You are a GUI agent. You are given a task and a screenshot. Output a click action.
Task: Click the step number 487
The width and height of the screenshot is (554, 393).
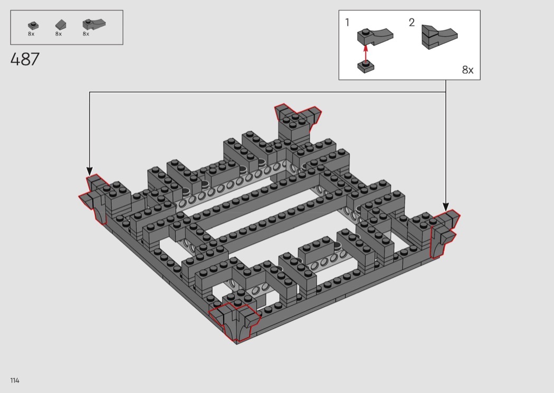pyautogui.click(x=25, y=60)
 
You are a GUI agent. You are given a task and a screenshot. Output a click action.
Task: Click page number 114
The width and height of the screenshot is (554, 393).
pyautogui.click(x=15, y=380)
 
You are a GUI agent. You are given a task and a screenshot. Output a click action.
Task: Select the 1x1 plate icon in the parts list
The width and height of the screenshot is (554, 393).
pyautogui.click(x=33, y=25)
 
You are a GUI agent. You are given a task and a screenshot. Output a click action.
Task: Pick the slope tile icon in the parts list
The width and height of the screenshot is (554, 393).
pyautogui.click(x=61, y=24)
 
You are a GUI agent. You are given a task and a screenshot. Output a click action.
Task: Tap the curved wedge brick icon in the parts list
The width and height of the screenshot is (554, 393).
pyautogui.click(x=93, y=24)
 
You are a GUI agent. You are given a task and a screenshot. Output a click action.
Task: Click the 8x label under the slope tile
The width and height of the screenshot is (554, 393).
pyautogui.click(x=58, y=34)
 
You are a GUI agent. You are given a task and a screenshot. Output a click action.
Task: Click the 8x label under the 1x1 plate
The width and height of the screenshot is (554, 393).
pyautogui.click(x=31, y=34)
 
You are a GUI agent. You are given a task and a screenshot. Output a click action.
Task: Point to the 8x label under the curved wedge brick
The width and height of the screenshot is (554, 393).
pyautogui.click(x=86, y=34)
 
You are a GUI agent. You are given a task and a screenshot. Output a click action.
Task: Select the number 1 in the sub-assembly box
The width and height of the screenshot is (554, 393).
pyautogui.click(x=347, y=23)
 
